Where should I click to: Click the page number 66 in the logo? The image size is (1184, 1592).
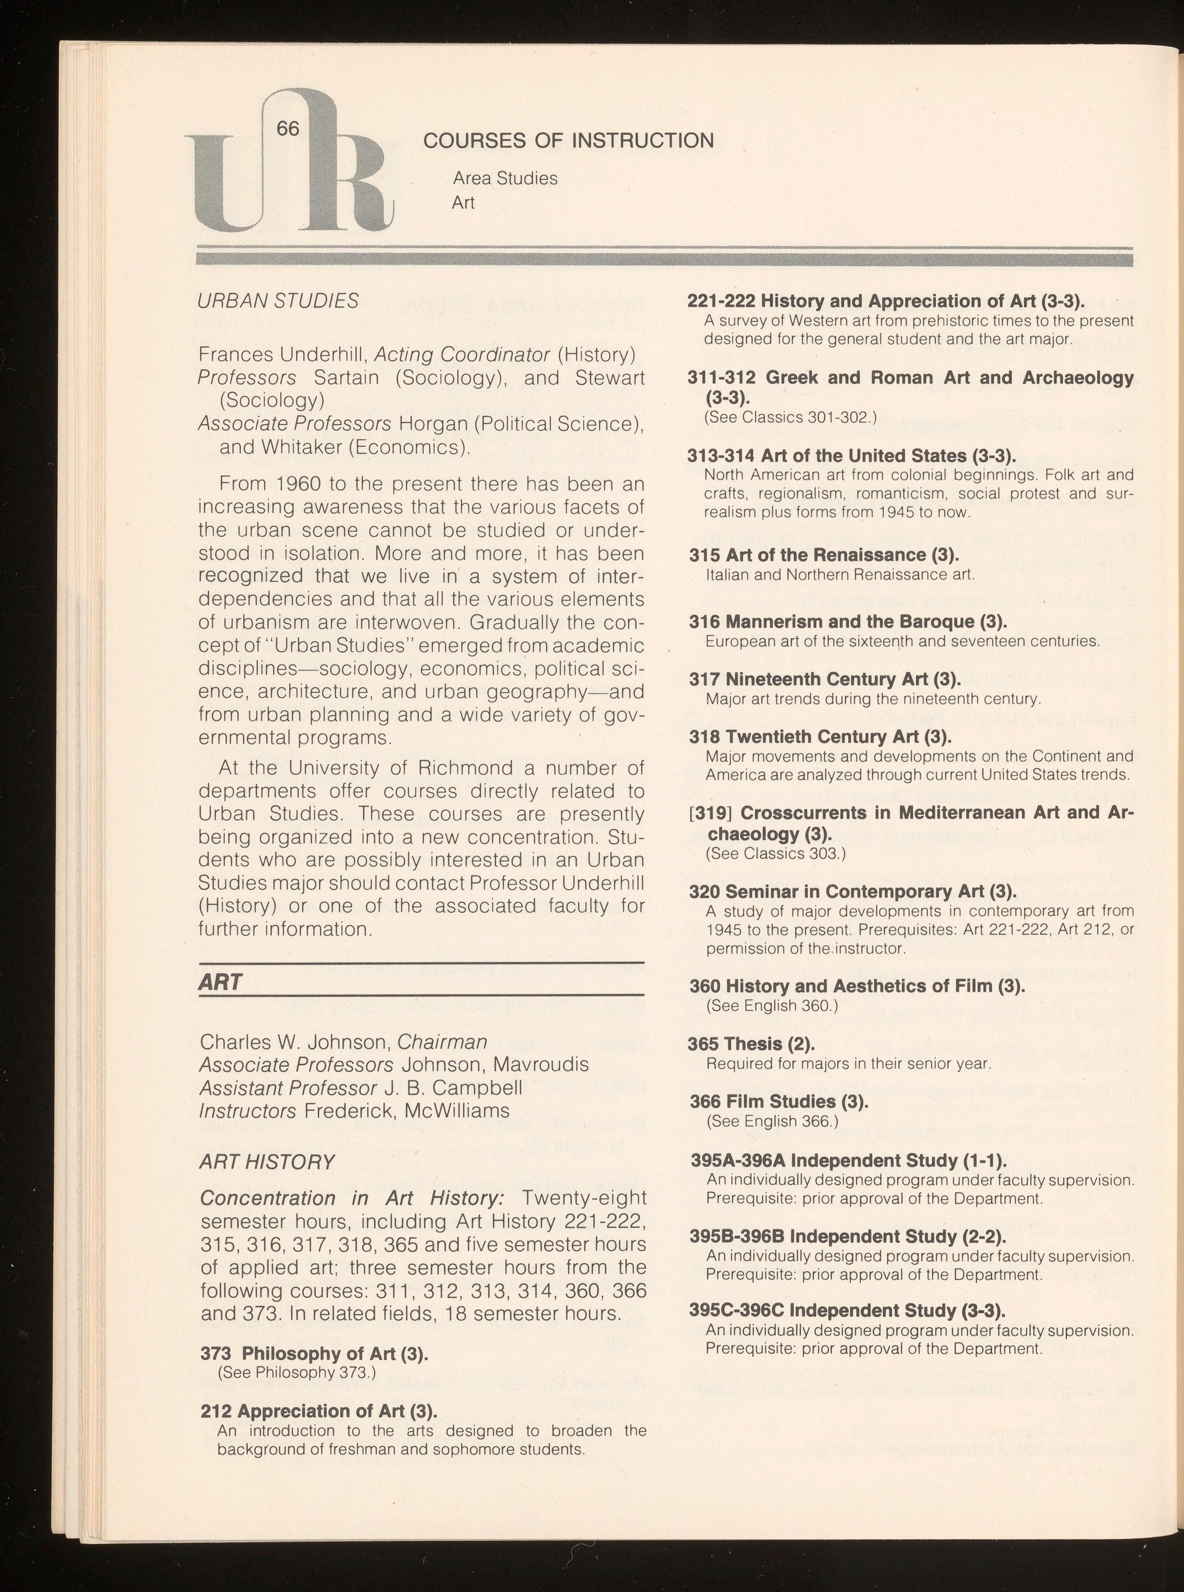coord(287,128)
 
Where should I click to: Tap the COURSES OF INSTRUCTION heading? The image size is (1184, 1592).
coord(568,140)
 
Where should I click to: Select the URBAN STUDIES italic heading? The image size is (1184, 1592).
coord(278,301)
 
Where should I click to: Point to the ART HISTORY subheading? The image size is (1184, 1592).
coord(267,1161)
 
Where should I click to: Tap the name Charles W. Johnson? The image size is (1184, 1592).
coord(295,1041)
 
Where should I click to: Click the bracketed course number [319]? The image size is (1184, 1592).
coord(711,813)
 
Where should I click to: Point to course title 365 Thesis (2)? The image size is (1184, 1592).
coord(752,1043)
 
